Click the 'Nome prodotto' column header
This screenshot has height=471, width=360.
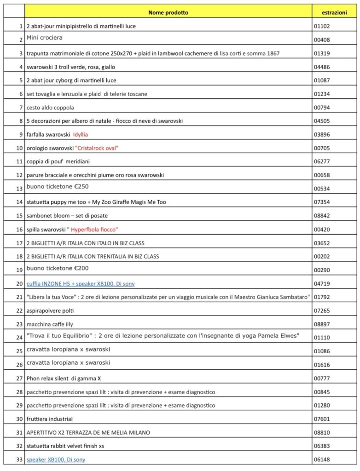[x=168, y=12]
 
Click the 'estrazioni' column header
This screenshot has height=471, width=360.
[x=336, y=12]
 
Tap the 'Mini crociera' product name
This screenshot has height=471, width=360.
[x=45, y=38]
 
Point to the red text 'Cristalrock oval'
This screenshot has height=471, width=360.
[x=100, y=148]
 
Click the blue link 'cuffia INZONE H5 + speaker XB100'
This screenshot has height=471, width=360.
[x=81, y=284]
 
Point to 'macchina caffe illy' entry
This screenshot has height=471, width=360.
[x=50, y=324]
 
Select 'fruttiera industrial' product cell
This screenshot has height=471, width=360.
[x=50, y=419]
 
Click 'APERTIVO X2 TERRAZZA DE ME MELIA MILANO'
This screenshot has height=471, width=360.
[x=88, y=432]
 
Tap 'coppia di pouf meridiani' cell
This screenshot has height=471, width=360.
[x=57, y=161]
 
